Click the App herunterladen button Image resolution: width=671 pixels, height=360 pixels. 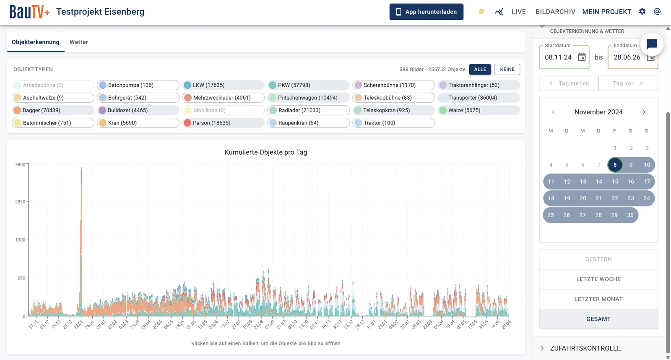click(426, 12)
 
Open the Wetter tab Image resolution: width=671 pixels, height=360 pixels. click(79, 42)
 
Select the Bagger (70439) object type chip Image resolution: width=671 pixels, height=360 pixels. click(53, 110)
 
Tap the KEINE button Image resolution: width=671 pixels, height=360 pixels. click(507, 69)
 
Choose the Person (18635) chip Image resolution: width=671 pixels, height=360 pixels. click(223, 123)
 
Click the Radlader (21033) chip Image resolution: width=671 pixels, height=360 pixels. click(308, 110)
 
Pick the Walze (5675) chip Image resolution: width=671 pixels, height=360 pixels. click(479, 110)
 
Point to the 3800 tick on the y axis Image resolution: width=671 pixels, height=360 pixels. click(21, 164)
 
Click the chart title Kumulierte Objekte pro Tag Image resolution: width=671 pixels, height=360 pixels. click(266, 152)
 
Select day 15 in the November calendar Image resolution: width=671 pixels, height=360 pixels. click(615, 181)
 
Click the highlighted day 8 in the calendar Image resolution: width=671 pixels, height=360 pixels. click(615, 165)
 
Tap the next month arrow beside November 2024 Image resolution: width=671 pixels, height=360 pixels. click(644, 112)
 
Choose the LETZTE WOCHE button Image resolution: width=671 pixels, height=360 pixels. click(598, 279)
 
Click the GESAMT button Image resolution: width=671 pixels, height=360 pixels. click(598, 319)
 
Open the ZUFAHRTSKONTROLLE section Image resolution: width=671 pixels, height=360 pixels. click(585, 348)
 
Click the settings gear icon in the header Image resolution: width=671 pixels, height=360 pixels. click(642, 12)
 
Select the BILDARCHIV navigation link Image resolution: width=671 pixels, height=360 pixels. click(555, 12)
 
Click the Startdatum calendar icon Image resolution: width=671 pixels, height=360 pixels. click(582, 57)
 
